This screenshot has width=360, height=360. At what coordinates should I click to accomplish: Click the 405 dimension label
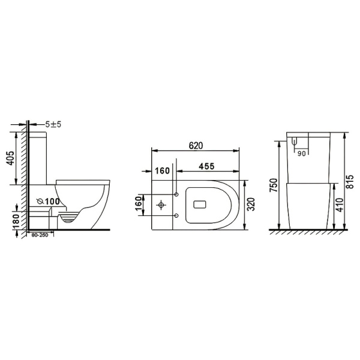pyautogui.click(x=10, y=158)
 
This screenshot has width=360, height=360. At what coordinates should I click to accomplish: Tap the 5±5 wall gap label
pyautogui.click(x=53, y=125)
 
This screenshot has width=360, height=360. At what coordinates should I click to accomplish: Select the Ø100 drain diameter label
pyautogui.click(x=48, y=202)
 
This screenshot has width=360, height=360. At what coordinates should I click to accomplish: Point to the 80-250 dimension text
pyautogui.click(x=40, y=235)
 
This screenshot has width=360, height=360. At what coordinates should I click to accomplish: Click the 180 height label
pyautogui.click(x=16, y=222)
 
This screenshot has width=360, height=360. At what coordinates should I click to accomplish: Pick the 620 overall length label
pyautogui.click(x=196, y=146)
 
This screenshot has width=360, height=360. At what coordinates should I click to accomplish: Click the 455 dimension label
pyautogui.click(x=206, y=166)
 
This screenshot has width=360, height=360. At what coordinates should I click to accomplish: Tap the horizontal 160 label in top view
pyautogui.click(x=162, y=171)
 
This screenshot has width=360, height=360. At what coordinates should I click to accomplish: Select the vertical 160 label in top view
pyautogui.click(x=138, y=203)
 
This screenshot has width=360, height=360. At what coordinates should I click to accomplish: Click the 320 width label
pyautogui.click(x=251, y=204)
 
